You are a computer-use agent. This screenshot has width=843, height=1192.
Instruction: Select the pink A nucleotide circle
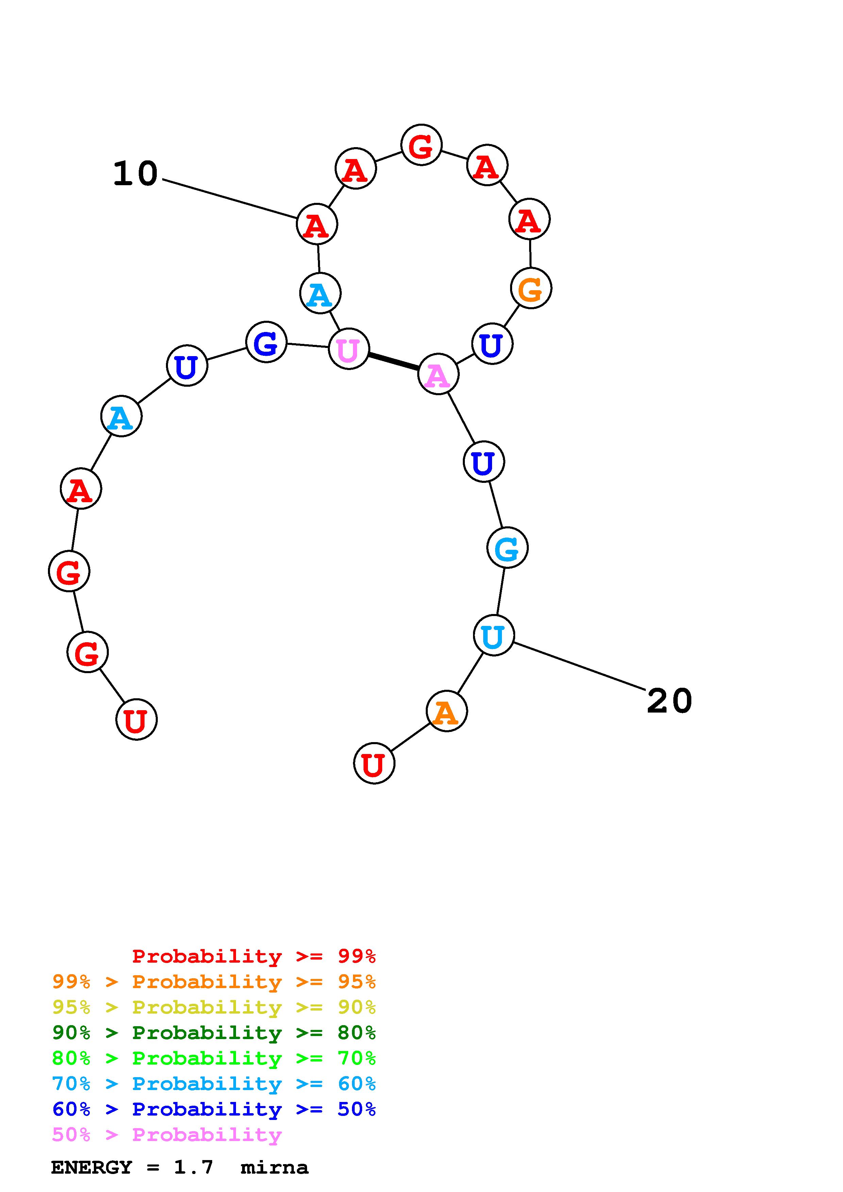click(438, 374)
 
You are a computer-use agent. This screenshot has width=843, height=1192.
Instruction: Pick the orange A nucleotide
click(446, 711)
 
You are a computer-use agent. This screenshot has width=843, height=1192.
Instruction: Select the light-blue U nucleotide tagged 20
click(493, 635)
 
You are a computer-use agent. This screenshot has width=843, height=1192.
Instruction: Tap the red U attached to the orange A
click(374, 763)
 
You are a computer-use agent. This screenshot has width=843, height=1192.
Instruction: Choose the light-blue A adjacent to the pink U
click(320, 293)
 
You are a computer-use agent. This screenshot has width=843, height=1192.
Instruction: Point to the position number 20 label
click(669, 701)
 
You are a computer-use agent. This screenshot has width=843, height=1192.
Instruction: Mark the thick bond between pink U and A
click(393, 361)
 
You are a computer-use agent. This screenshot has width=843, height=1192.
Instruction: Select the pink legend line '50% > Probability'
click(167, 1134)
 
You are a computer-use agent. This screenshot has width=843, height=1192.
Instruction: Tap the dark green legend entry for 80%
click(214, 1033)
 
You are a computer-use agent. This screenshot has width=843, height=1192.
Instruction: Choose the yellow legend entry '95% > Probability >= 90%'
click(214, 1007)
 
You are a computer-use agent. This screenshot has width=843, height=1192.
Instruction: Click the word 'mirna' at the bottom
click(274, 1168)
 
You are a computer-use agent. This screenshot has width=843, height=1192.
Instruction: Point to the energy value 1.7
click(193, 1168)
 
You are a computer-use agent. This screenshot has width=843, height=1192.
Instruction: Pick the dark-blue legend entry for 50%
click(214, 1109)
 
